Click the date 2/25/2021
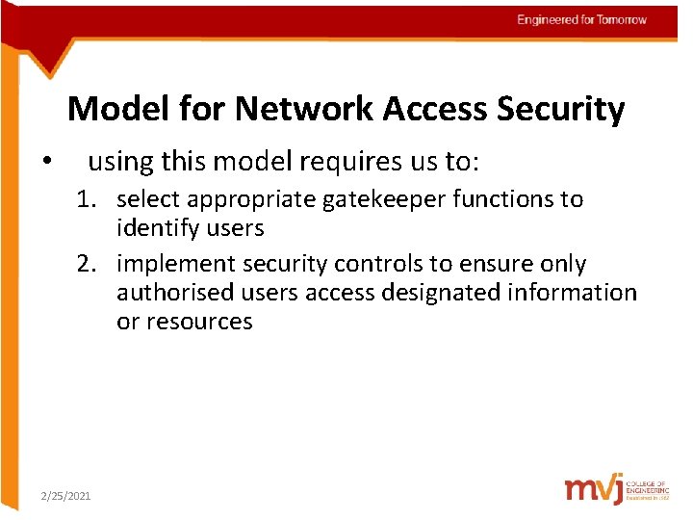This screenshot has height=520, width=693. [65, 495]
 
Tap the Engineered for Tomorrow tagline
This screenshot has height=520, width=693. [581, 20]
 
